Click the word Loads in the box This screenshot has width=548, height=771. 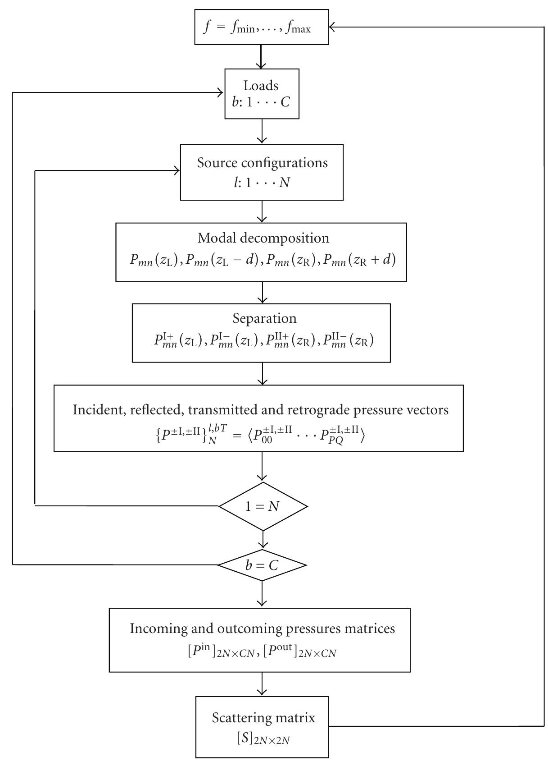[x=261, y=85]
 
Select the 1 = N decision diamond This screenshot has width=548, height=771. [x=263, y=506]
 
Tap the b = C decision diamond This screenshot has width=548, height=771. [x=262, y=565]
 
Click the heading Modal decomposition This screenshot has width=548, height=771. [x=263, y=238]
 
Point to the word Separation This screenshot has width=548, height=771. [x=264, y=318]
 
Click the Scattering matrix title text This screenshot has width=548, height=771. [x=263, y=717]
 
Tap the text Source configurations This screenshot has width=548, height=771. [x=262, y=162]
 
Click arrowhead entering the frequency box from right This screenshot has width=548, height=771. [x=332, y=28]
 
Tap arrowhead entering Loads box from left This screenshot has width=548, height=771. [x=221, y=93]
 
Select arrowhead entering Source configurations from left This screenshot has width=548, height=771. [x=177, y=170]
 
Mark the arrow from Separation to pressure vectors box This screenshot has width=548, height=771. [x=262, y=374]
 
